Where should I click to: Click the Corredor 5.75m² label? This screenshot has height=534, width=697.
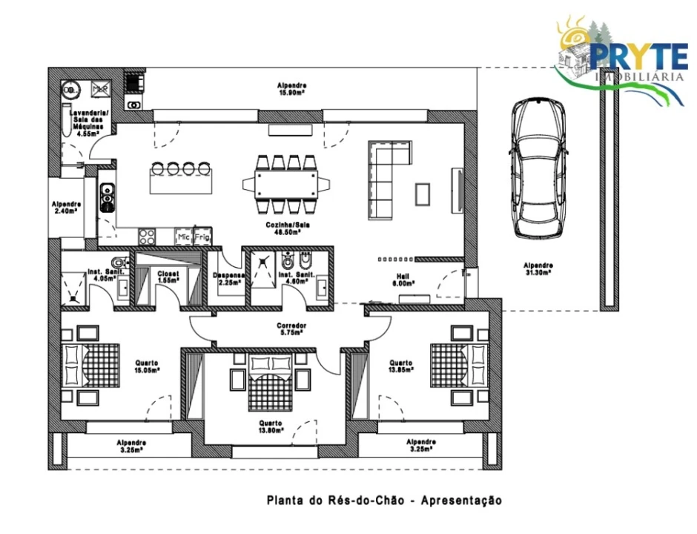pyautogui.click(x=291, y=329)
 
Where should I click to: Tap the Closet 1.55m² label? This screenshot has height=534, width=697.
pyautogui.click(x=168, y=277)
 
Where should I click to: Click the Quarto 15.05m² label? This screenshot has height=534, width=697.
pyautogui.click(x=145, y=366)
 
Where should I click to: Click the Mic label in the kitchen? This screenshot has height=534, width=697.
pyautogui.click(x=182, y=237)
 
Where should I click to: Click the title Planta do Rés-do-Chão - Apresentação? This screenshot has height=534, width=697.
pyautogui.click(x=384, y=501)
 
